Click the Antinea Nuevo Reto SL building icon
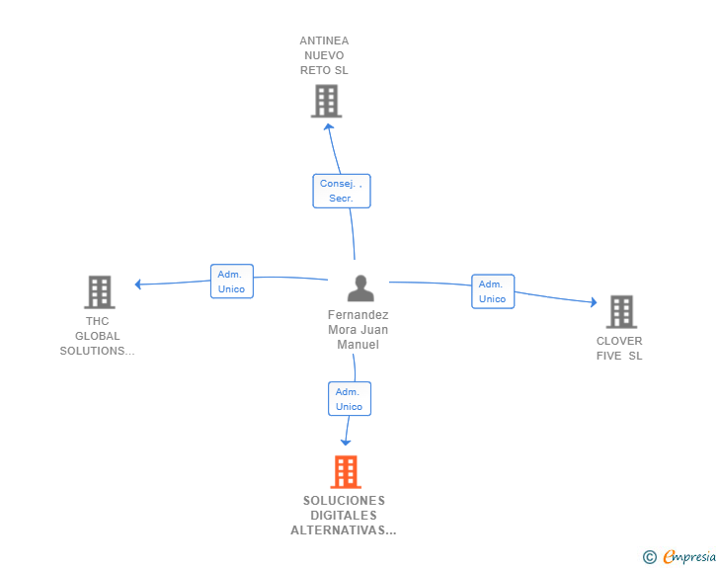tap(325, 101)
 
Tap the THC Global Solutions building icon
tap(99, 291)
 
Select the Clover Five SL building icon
tap(621, 311)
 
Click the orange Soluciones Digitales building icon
tap(345, 472)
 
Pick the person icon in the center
tap(360, 288)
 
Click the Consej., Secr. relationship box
tap(342, 191)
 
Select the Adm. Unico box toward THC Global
tap(231, 282)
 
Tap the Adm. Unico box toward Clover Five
tap(492, 291)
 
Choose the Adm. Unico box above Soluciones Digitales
tap(349, 399)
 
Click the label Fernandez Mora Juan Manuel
tap(358, 330)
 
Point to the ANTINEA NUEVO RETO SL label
tap(324, 55)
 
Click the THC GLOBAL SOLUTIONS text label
tap(97, 336)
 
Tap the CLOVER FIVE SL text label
tap(619, 349)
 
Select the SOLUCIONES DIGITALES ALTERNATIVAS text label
tap(344, 516)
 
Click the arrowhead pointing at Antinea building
tap(329, 125)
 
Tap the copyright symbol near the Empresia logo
tap(649, 557)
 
